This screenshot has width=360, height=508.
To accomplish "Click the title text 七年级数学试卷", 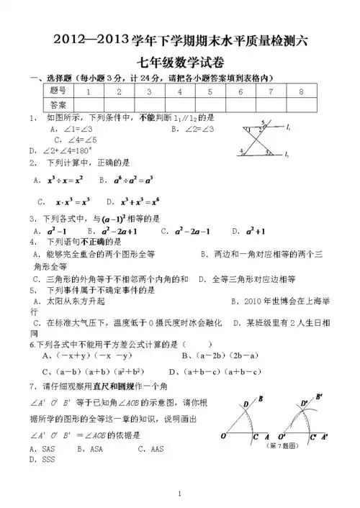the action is pyautogui.click(x=179, y=63).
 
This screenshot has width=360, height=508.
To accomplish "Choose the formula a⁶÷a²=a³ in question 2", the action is pyautogui.click(x=127, y=179).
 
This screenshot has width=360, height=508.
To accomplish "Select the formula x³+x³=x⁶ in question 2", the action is pyautogui.click(x=133, y=201).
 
